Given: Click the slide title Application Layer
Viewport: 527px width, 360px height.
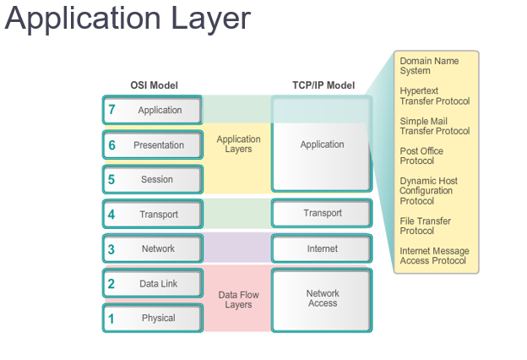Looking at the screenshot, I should click(x=128, y=19).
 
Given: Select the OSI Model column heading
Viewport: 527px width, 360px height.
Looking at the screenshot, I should click(x=154, y=85).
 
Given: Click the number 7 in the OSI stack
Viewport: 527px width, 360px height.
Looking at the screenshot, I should click(x=111, y=111).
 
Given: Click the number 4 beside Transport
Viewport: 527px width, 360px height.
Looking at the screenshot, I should click(x=111, y=215).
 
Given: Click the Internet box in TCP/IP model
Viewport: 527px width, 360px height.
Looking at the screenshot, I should click(x=322, y=249).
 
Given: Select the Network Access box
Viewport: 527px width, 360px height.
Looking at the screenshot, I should click(x=322, y=298).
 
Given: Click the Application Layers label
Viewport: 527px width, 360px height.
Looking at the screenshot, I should click(x=238, y=145).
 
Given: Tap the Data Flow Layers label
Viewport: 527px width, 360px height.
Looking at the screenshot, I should click(x=238, y=299).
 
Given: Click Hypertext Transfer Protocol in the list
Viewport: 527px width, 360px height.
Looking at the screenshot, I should click(x=434, y=96).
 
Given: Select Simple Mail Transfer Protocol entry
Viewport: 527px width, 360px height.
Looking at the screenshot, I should click(x=434, y=126).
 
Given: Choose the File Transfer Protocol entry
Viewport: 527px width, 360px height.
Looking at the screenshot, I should click(x=425, y=226).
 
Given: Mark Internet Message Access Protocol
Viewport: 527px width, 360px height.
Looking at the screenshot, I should click(x=434, y=256).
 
